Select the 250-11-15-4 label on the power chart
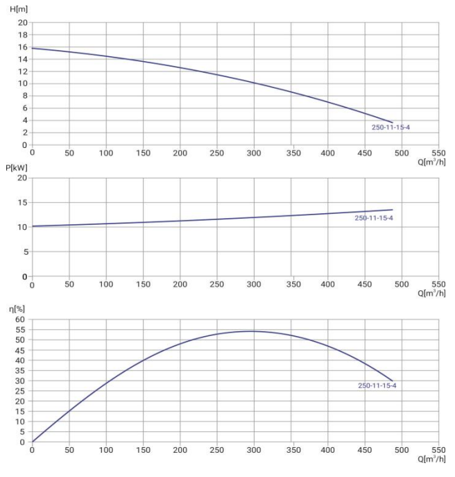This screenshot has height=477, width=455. pyautogui.click(x=374, y=218)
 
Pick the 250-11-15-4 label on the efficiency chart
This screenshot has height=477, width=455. pyautogui.click(x=377, y=385)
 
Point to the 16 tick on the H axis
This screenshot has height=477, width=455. pyautogui.click(x=22, y=47)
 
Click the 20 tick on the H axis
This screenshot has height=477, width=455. pyautogui.click(x=22, y=23)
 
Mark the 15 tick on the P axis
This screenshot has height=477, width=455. pyautogui.click(x=22, y=203)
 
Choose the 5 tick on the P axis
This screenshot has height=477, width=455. pyautogui.click(x=24, y=252)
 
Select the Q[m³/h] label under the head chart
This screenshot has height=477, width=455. pyautogui.click(x=432, y=162)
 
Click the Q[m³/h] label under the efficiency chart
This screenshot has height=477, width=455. pyautogui.click(x=432, y=460)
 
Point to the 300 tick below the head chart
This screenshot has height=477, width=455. pyautogui.click(x=254, y=153)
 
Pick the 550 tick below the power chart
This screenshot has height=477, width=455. pyautogui.click(x=438, y=285)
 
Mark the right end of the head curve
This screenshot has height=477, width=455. pyautogui.click(x=393, y=123)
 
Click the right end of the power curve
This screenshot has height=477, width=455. pyautogui.click(x=393, y=210)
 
